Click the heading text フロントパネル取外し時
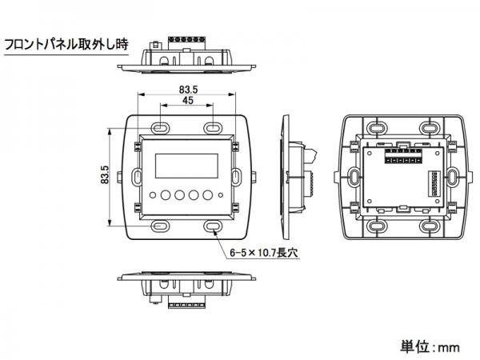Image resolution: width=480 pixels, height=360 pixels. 65,45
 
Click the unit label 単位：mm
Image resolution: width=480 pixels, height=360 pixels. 430,346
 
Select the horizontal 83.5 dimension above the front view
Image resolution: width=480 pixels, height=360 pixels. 187,89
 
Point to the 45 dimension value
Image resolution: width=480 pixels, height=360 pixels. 187,102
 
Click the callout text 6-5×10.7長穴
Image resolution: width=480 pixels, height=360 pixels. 262,252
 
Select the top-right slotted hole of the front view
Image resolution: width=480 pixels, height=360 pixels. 214,127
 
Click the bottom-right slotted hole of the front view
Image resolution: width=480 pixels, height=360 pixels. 214,226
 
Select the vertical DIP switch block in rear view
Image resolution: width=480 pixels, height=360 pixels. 437,185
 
